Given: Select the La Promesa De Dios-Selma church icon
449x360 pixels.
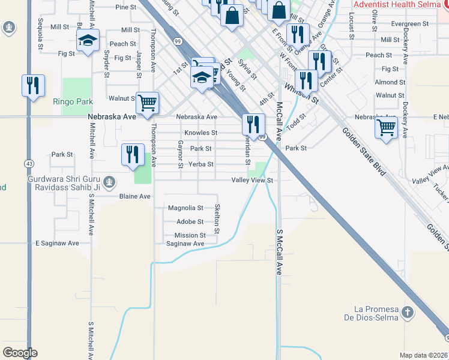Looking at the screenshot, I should tap(408, 312).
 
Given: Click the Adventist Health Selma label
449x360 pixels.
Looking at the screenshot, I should tap(399, 4).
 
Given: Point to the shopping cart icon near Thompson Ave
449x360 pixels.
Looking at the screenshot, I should tap(147, 103).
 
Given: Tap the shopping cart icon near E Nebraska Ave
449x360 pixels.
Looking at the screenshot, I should tap(386, 127).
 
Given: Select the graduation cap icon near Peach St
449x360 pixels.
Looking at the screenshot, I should tap(88, 41).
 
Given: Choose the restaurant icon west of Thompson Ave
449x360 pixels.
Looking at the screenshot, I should tap(132, 154).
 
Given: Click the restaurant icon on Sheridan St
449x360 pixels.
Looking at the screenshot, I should tap(253, 124).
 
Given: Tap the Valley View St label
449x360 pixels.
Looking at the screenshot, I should tap(253, 180).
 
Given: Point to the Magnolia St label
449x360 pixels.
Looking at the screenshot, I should tap(185, 208).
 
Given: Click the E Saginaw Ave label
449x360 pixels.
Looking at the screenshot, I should tap(57, 243).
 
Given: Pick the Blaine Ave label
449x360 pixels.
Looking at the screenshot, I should tap(134, 196).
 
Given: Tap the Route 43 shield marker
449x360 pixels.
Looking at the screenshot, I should tap(29, 163).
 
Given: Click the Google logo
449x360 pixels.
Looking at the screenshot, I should tap(20, 353).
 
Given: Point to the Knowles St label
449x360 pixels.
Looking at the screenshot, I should tap(200, 133).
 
